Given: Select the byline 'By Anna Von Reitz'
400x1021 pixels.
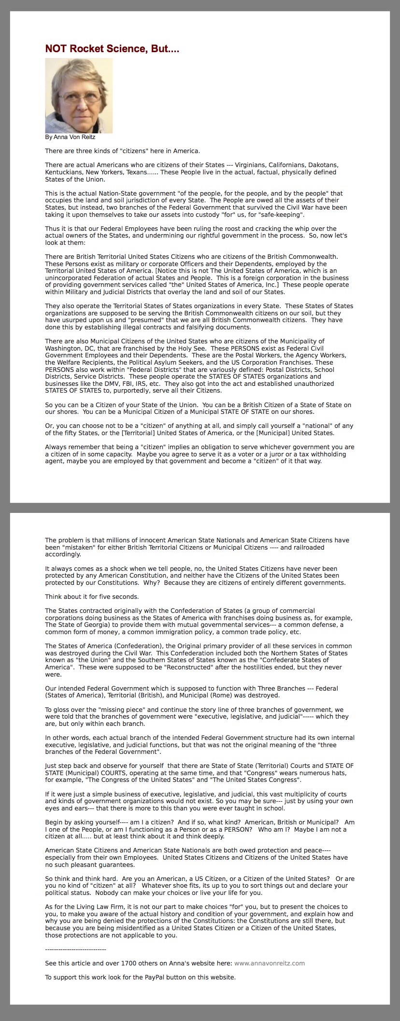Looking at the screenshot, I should pos(70,137).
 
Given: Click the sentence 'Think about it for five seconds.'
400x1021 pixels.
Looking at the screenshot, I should pos(92,596).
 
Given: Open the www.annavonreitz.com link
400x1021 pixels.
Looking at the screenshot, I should pos(270,963).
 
